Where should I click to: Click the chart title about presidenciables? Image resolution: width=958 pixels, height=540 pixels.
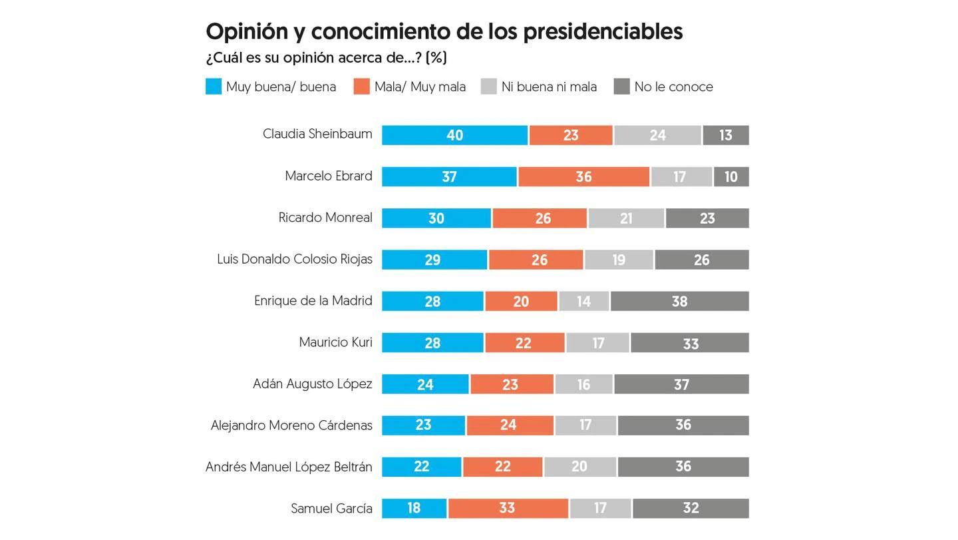[x=444, y=31]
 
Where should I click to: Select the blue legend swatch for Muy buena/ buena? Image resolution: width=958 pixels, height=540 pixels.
[x=214, y=87]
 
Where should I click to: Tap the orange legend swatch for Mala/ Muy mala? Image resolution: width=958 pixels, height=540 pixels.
[x=361, y=87]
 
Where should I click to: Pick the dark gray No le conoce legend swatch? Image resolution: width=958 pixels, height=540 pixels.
[x=621, y=87]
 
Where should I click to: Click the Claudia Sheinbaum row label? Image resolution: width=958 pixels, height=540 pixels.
[x=317, y=134]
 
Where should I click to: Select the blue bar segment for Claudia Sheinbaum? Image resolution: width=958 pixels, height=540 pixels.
[x=454, y=135]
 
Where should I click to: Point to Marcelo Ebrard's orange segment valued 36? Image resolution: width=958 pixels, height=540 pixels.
[x=583, y=176]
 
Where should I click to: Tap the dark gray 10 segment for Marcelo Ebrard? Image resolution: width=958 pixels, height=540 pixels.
[x=731, y=176]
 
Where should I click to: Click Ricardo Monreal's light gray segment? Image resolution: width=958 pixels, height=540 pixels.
[x=626, y=218]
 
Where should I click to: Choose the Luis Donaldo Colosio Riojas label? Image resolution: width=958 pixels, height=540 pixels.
[x=295, y=259]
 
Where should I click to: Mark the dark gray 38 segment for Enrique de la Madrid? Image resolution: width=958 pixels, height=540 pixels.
[x=679, y=301]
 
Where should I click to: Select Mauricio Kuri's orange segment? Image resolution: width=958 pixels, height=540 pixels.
[x=524, y=343]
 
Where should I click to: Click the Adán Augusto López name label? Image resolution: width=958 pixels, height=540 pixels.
[x=313, y=384]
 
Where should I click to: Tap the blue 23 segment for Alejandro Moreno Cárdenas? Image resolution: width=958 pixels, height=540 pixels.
[x=423, y=425]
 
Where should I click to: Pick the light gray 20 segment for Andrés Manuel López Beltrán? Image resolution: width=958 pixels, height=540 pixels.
[x=579, y=467]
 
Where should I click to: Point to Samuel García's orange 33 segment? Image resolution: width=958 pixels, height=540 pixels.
[x=508, y=509]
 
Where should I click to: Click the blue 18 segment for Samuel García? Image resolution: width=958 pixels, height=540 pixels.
[x=414, y=509]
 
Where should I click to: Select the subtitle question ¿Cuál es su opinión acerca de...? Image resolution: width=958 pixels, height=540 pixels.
[x=326, y=58]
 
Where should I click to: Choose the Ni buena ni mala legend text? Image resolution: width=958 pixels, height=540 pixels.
[x=549, y=87]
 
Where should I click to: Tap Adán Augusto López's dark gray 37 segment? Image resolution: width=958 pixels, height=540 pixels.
[x=681, y=384]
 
